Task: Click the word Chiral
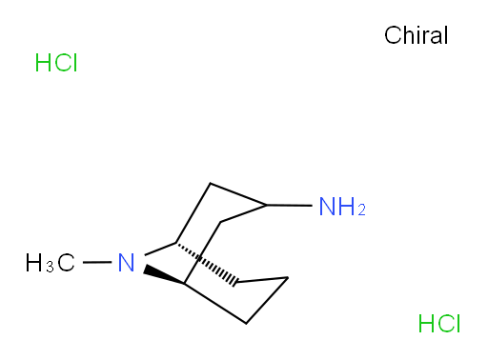[x=416, y=35]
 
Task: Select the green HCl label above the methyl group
[x=56, y=63]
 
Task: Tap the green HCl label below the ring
[x=439, y=324]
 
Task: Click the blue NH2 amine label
[x=342, y=207]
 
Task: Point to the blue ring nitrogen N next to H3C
[x=126, y=263]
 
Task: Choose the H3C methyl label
[x=51, y=263]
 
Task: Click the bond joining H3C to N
[x=97, y=262]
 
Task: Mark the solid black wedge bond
[x=164, y=274]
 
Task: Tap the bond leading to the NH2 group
[x=289, y=206]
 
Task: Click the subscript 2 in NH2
[x=362, y=210]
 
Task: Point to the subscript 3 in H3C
[x=50, y=267]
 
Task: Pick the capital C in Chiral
[x=393, y=35]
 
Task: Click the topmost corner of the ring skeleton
[x=210, y=183]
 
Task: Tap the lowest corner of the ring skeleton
[x=246, y=324]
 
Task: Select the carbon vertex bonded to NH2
[x=266, y=205]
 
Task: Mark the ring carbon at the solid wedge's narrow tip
[x=184, y=283]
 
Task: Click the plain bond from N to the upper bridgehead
[x=160, y=250]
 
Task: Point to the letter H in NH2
[x=349, y=207]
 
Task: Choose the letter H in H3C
[x=33, y=263]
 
